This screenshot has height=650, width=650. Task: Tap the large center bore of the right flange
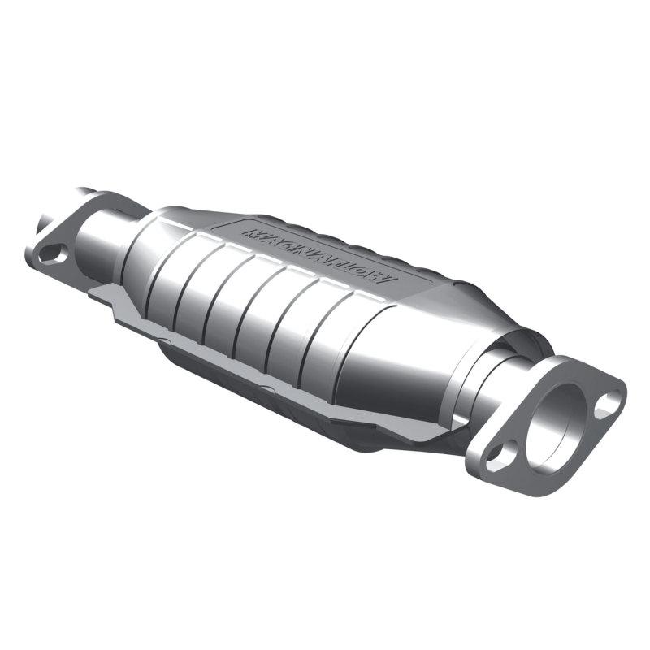[x=558, y=423]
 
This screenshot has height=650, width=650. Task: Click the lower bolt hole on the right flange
[x=497, y=455]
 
